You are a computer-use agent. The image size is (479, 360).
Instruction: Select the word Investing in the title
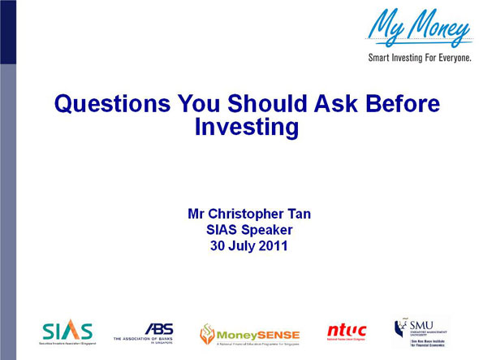[x=248, y=127]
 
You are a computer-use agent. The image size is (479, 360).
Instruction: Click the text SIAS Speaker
[x=249, y=231]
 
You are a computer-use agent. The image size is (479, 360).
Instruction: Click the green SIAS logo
[x=67, y=332]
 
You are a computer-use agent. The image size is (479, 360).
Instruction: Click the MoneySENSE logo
[x=250, y=333]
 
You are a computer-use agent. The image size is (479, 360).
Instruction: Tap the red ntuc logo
[x=347, y=331]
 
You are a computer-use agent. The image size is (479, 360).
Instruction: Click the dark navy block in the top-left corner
[x=7, y=32]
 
